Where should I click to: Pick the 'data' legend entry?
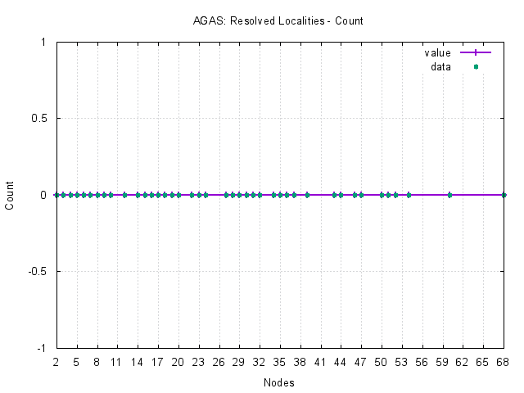pos(441,67)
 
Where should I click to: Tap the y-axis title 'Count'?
pos(10,195)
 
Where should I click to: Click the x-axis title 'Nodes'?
pos(279,382)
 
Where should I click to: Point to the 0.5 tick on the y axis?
pos(41,119)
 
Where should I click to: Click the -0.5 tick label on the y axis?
pos(39,271)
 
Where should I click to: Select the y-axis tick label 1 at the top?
pos(46,43)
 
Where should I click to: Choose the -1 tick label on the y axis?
pos(43,348)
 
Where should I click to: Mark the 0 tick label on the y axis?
pos(46,195)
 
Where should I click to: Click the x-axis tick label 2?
pos(56,360)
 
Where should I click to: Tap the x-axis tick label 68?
pos(504,360)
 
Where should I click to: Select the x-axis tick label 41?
pos(320,360)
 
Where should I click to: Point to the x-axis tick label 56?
pos(422,360)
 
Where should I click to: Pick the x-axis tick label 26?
pos(219,360)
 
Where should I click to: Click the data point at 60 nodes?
pos(449,195)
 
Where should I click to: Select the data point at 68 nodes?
pos(504,195)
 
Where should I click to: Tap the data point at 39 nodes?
pos(307,195)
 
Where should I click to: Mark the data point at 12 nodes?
pos(124,195)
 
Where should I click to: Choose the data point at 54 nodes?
pos(409,195)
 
